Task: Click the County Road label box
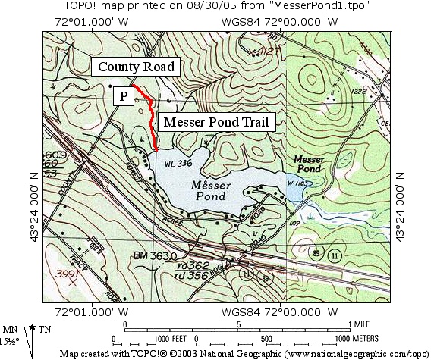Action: (x=137, y=67)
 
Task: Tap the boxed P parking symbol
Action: (x=121, y=96)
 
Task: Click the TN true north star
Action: (x=34, y=327)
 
